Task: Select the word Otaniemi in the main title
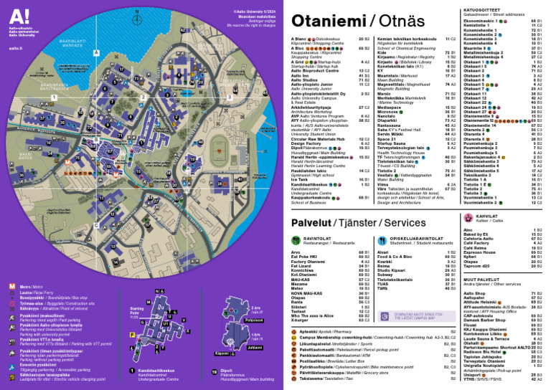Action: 328,21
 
